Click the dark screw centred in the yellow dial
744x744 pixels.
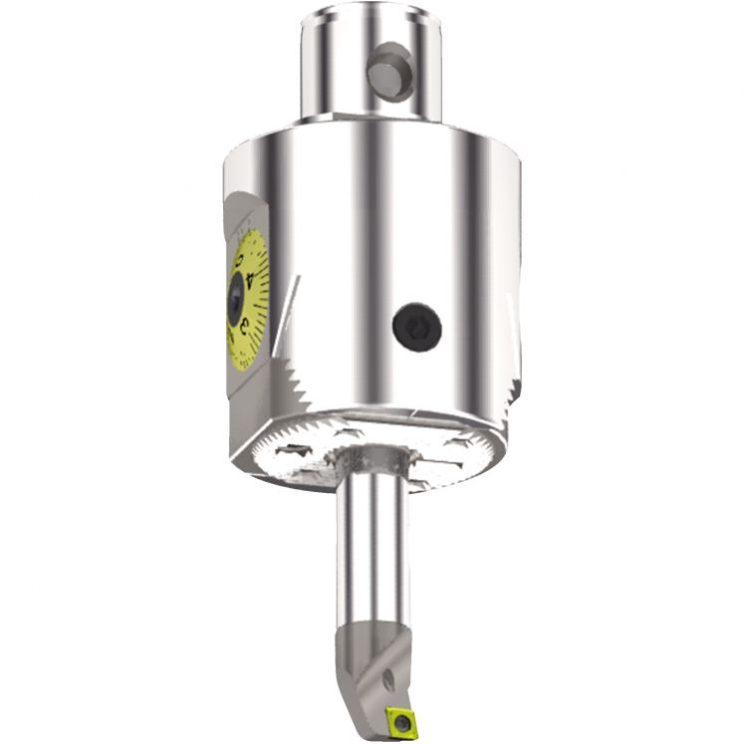[235, 300]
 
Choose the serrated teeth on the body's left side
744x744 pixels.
[299, 397]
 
